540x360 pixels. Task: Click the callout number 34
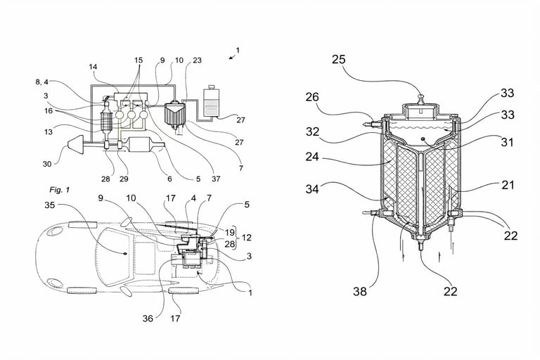[x=314, y=188]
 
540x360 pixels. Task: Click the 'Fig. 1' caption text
[x=60, y=190]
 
